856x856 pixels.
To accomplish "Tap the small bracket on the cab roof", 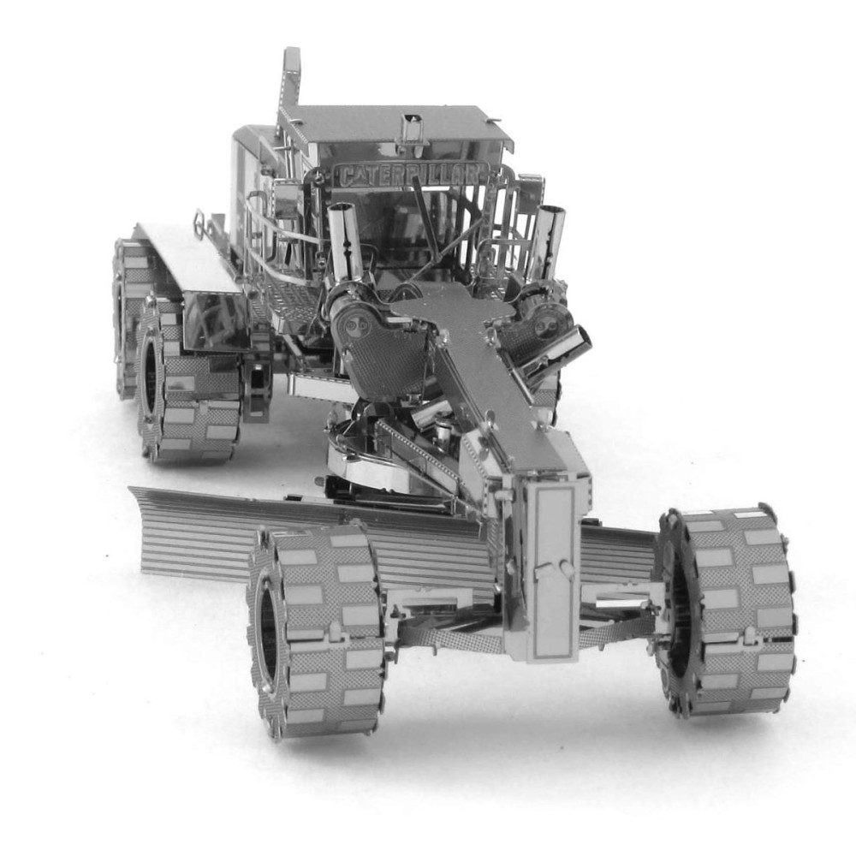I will click(413, 128).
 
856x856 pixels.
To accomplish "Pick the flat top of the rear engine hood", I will click(184, 257).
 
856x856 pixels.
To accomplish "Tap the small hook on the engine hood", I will click(199, 224).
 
